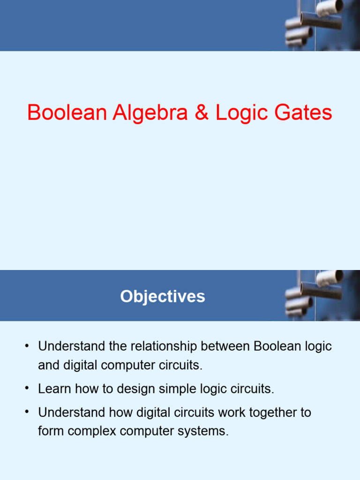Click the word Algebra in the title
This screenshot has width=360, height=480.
click(x=150, y=113)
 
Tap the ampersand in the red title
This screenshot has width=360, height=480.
click(x=202, y=113)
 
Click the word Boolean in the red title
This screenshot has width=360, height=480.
click(x=67, y=113)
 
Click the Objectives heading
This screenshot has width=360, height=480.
click(x=162, y=296)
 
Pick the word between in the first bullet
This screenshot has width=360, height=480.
click(x=226, y=346)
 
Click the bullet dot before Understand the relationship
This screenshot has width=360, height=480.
click(x=28, y=346)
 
